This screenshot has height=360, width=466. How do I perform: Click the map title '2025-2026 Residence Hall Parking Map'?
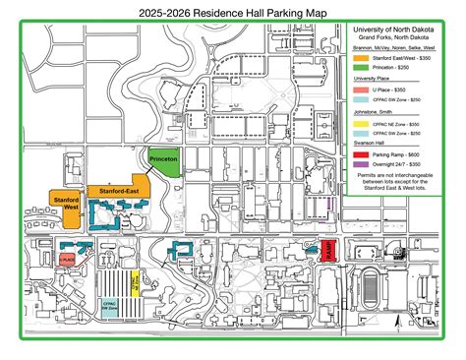pyautogui.click(x=233, y=14)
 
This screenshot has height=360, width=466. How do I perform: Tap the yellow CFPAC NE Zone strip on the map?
pyautogui.click(x=134, y=284)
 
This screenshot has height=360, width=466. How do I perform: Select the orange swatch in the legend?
pyautogui.click(x=362, y=59)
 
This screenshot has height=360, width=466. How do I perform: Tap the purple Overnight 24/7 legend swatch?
pyautogui.click(x=362, y=165)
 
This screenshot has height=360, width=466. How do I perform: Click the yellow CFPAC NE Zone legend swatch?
pyautogui.click(x=362, y=126)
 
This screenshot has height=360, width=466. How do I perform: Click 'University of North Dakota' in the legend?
pyautogui.click(x=398, y=29)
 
